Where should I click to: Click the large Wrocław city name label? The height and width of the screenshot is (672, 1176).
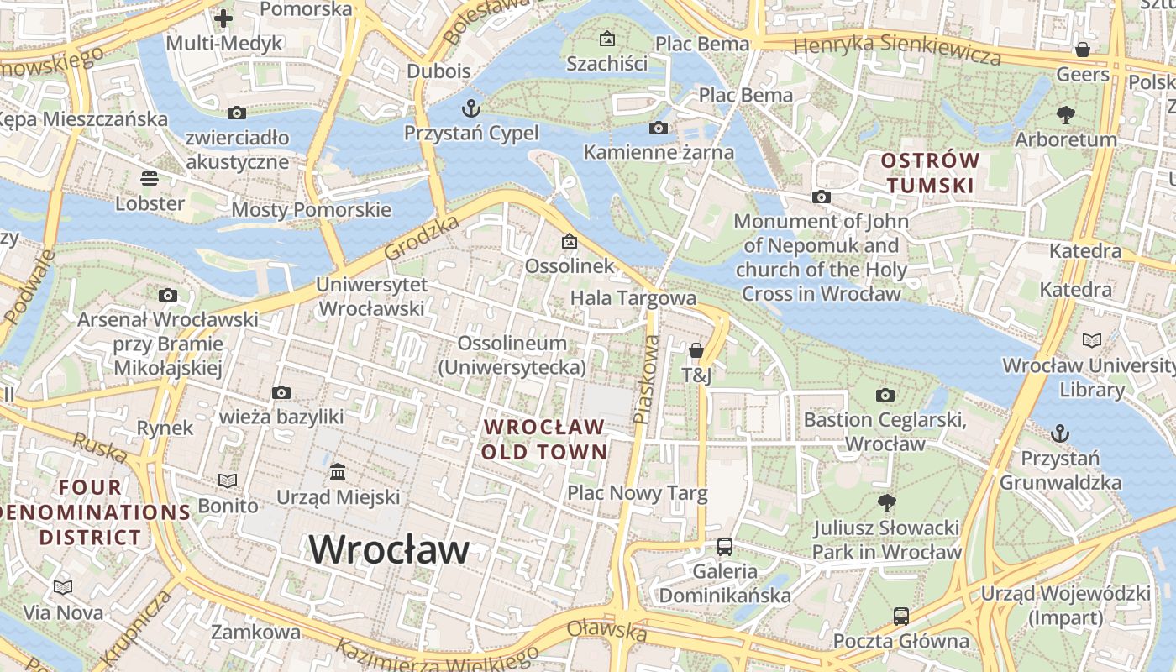(x=389, y=550)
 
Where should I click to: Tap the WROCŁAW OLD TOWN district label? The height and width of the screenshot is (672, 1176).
(x=544, y=439)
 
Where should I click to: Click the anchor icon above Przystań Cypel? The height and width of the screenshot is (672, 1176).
(x=471, y=108)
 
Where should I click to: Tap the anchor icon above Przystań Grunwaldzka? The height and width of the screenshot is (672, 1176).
(x=1060, y=433)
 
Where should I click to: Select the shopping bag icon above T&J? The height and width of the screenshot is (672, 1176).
(x=696, y=350)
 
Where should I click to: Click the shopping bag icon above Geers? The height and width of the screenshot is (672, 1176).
(x=1083, y=50)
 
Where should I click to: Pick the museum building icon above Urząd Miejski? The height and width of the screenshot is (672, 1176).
(x=338, y=471)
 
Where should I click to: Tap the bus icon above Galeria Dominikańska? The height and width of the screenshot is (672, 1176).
(x=724, y=547)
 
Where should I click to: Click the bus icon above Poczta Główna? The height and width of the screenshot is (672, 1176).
(x=900, y=616)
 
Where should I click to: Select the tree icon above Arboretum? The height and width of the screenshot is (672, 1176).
(x=1066, y=114)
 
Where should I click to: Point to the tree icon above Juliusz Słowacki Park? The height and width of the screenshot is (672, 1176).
(x=885, y=503)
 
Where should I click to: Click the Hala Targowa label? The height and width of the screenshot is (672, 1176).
(x=633, y=298)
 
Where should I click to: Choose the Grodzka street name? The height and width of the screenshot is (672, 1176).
(x=423, y=238)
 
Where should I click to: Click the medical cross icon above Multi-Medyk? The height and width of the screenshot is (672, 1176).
(x=223, y=18)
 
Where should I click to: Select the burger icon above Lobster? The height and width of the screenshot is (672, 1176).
(x=150, y=178)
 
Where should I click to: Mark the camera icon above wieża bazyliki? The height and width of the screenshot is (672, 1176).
(x=281, y=392)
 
